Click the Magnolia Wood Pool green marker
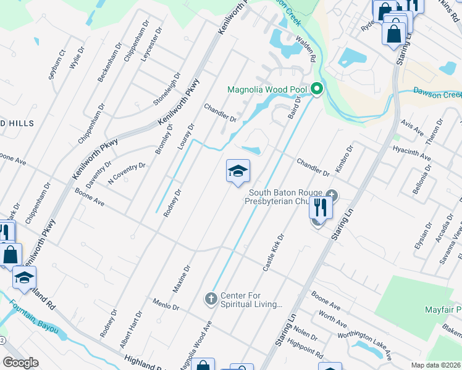tap(317, 89)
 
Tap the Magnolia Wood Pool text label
tap(267, 89)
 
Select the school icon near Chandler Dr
tap(238, 172)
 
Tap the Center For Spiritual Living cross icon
tap(211, 299)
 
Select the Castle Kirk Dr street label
tap(272, 253)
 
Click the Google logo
tap(20, 363)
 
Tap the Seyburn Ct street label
tap(56, 65)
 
